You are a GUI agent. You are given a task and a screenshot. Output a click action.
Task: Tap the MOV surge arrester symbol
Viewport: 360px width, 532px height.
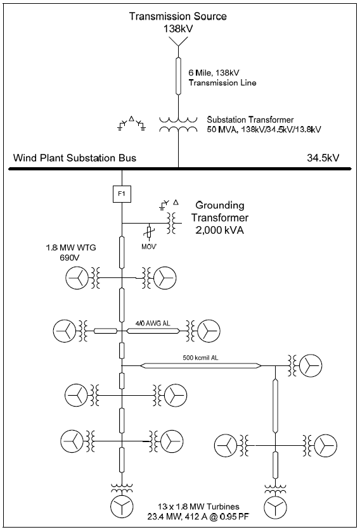pyautogui.click(x=150, y=232)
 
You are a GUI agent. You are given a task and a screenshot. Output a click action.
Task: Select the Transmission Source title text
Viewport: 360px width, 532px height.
pyautogui.click(x=177, y=16)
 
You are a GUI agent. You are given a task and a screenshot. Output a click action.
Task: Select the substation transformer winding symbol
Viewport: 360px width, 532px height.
pyautogui.click(x=178, y=123)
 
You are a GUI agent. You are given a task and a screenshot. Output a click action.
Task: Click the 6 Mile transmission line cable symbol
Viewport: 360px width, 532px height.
pyautogui.click(x=178, y=75)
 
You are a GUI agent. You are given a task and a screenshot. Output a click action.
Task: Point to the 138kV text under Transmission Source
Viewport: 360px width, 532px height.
pyautogui.click(x=177, y=28)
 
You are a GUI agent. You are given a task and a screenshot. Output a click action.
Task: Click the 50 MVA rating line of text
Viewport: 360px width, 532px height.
pyautogui.click(x=264, y=129)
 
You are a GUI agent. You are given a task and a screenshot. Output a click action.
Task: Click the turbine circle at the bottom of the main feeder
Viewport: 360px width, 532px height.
pyautogui.click(x=120, y=507)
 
